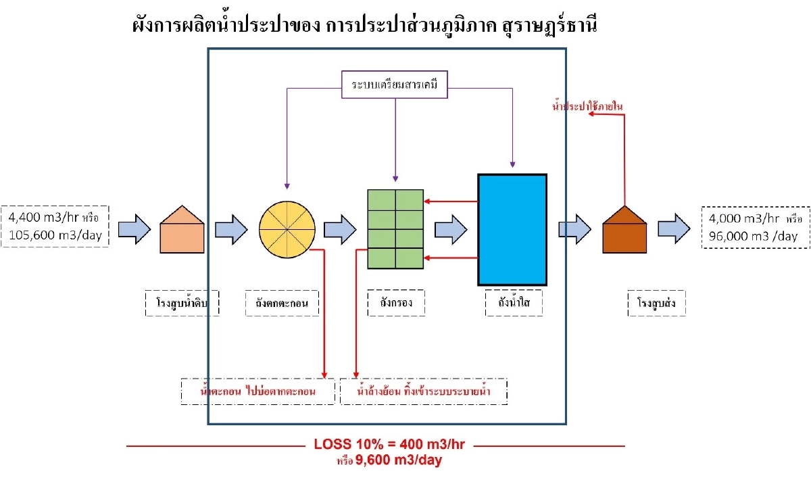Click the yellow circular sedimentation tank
[x=287, y=229]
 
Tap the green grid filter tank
[x=395, y=229]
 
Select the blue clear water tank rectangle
[x=512, y=229]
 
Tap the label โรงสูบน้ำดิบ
[x=175, y=304]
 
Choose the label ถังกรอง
[x=396, y=304]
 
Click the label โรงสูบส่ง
[x=656, y=304]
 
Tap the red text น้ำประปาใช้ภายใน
[x=588, y=106]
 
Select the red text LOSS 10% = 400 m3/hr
[x=393, y=445]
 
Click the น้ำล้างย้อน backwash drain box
[x=424, y=391]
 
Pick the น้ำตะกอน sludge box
[x=259, y=391]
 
